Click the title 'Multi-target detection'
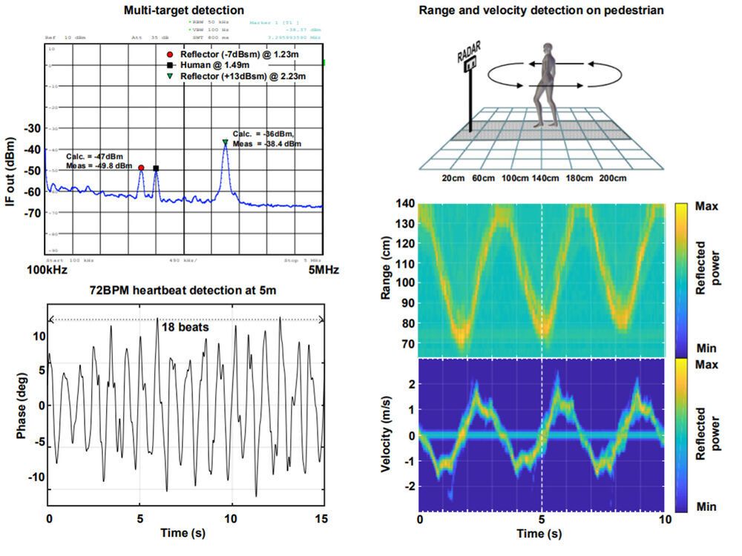pos(184,10)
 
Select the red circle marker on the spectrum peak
pos(141,168)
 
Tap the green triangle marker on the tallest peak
pos(225,142)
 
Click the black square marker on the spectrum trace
pos(156,168)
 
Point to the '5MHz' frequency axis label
pos(323,271)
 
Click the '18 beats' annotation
pos(182,326)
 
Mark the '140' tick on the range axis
pos(404,204)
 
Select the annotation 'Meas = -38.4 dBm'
pos(266,144)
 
